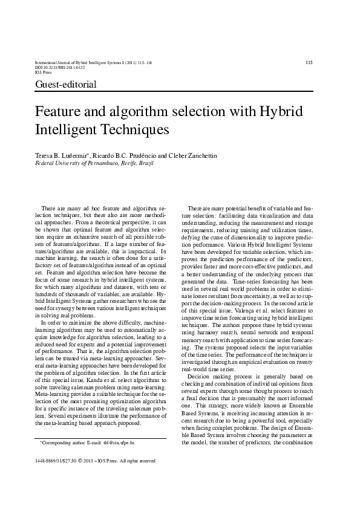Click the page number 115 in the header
click(309, 62)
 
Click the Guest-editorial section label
click(66, 84)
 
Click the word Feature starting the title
click(58, 112)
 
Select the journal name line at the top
click(94, 62)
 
